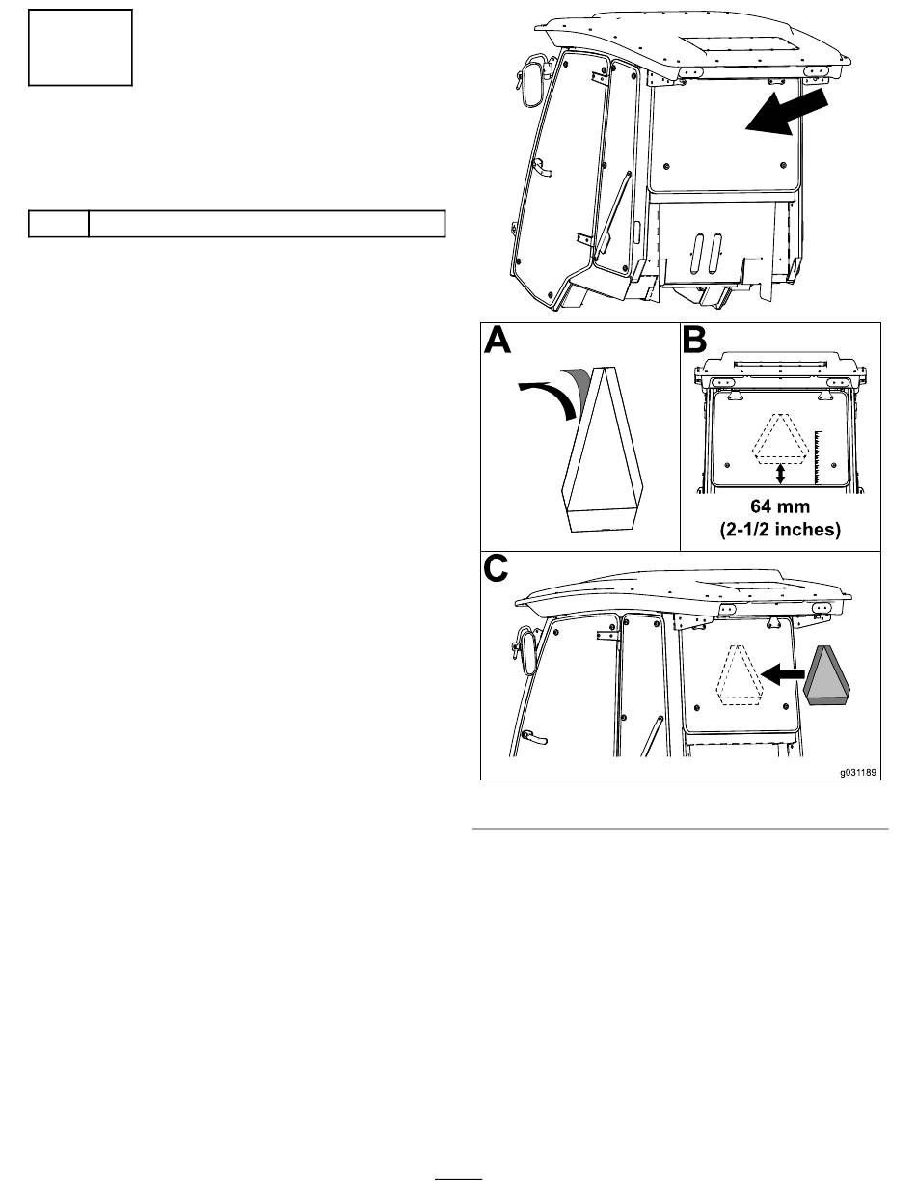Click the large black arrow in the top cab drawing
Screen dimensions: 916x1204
[x=788, y=113]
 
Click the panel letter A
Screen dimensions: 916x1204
[x=498, y=341]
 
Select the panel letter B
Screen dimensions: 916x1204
[x=694, y=341]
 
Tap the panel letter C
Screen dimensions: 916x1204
[x=497, y=569]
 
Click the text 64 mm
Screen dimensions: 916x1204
[x=780, y=506]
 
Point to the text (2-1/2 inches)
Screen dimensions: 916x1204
[x=780, y=530]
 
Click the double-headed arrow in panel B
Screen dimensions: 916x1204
[x=781, y=474]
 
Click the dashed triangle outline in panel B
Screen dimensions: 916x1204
[x=781, y=437]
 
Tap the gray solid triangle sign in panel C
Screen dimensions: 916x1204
[x=825, y=675]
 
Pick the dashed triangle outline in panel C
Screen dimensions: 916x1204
[x=738, y=674]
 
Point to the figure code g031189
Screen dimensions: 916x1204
[x=858, y=773]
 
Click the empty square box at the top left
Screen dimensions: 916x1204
[x=80, y=47]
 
